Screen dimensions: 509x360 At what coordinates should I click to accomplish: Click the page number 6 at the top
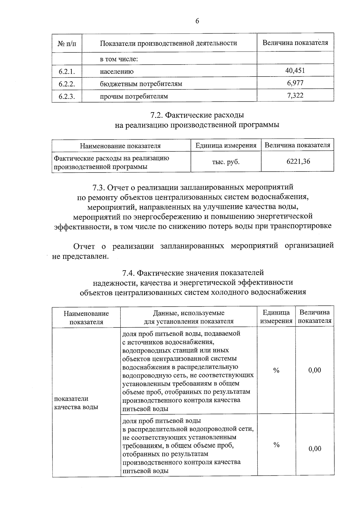click(197, 21)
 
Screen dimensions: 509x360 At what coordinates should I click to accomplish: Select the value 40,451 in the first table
click(295, 70)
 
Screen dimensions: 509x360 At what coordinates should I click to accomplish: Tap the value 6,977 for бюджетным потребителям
click(295, 83)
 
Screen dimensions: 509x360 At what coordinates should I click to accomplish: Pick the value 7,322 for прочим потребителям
click(295, 96)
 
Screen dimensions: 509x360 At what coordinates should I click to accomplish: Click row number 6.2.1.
click(67, 72)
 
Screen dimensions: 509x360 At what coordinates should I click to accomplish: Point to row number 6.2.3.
click(67, 97)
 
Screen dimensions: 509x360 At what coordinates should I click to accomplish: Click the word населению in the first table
click(117, 72)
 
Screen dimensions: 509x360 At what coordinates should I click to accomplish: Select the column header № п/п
click(67, 43)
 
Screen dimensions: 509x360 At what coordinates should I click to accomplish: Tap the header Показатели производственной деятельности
click(168, 43)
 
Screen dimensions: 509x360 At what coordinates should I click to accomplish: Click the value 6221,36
click(298, 161)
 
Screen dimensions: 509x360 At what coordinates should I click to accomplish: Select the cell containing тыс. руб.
click(226, 162)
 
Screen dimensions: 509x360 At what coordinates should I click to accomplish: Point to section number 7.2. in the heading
click(157, 115)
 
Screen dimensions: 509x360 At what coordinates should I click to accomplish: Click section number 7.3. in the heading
click(99, 187)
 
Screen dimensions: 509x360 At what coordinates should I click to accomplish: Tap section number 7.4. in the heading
click(129, 273)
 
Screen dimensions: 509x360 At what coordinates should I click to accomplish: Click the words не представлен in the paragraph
click(79, 257)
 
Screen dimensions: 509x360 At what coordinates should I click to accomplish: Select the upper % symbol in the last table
click(276, 370)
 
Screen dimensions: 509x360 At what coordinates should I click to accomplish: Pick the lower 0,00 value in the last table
click(315, 449)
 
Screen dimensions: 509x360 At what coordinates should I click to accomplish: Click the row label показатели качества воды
click(76, 403)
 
